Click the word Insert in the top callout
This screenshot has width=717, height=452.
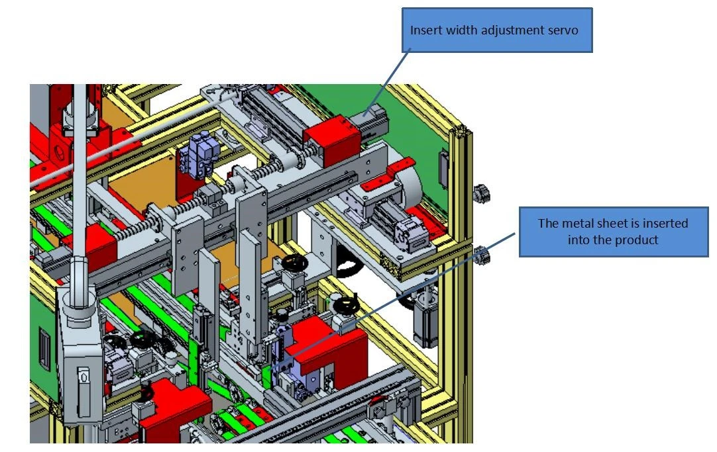[426, 30]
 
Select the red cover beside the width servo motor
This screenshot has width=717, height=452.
[333, 139]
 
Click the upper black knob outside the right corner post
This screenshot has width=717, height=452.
[482, 193]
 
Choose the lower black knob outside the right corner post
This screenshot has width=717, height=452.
[481, 255]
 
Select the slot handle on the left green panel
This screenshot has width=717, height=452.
[44, 346]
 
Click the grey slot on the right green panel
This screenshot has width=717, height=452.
[443, 169]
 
